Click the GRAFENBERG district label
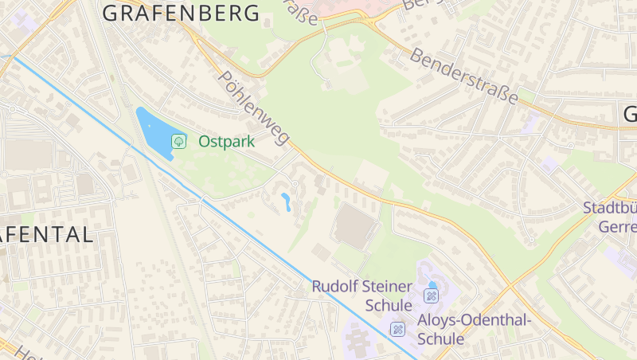[x=182, y=13]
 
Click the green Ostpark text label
[x=226, y=142]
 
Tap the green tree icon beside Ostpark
[x=179, y=141]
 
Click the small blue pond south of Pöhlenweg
[x=286, y=202]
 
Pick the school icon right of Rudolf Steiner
[x=431, y=296]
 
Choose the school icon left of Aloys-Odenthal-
[x=397, y=328]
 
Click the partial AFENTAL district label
[x=46, y=234]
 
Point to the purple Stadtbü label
[x=609, y=209]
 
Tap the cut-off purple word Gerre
[x=616, y=226]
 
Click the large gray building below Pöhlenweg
[x=356, y=226]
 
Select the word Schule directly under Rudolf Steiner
[x=389, y=306]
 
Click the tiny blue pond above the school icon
[x=432, y=284]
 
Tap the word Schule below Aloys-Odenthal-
[x=440, y=339]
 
